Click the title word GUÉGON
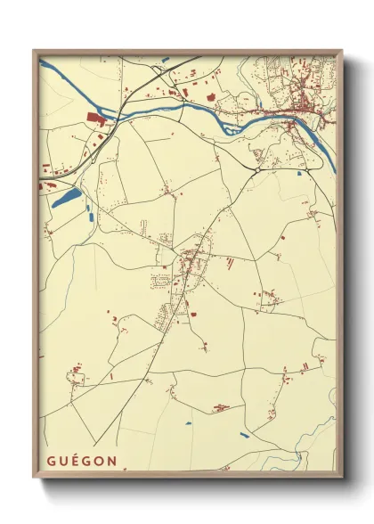click(x=82, y=460)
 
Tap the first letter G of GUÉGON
click(x=52, y=460)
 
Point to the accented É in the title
click(x=76, y=460)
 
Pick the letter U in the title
click(x=63, y=460)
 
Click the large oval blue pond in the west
click(x=67, y=196)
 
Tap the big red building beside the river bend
click(x=96, y=118)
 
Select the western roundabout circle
click(x=257, y=169)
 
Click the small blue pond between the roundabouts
click(x=299, y=173)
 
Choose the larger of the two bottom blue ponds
click(x=244, y=436)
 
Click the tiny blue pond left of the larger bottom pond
click(x=188, y=422)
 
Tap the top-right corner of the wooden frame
click(x=341, y=52)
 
